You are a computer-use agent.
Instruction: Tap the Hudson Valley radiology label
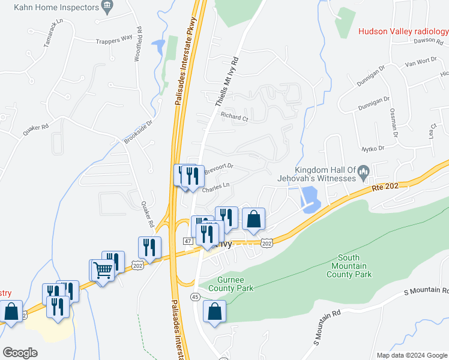click(x=403, y=32)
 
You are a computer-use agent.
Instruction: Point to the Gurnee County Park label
click(x=231, y=284)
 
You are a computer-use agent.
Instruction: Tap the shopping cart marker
click(x=103, y=273)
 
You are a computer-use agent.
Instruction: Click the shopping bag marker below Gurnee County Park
click(x=215, y=312)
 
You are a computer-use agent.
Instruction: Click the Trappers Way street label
click(x=113, y=41)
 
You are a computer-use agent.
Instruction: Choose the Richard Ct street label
click(x=234, y=118)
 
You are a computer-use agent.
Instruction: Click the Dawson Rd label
click(x=428, y=41)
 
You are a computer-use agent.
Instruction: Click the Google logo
click(x=20, y=352)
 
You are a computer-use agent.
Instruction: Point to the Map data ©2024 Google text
click(x=412, y=355)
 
